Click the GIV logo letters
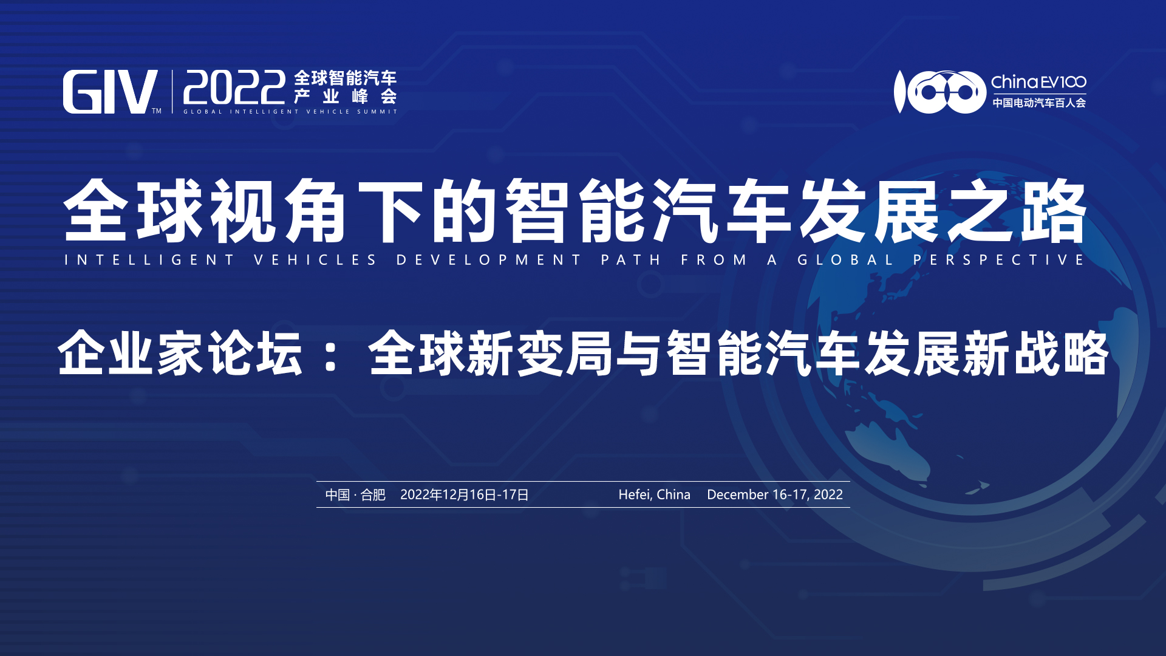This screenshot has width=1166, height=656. (x=110, y=92)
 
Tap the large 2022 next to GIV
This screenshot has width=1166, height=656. (x=234, y=88)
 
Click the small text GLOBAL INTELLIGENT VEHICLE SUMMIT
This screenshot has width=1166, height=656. (x=290, y=112)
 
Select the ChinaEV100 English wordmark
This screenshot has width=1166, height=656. (x=1038, y=82)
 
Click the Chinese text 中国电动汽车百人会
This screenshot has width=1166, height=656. (x=1039, y=103)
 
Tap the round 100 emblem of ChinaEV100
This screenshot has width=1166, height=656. (x=939, y=92)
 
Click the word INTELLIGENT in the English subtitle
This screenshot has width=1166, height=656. (x=149, y=260)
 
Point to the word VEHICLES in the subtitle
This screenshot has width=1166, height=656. (x=315, y=260)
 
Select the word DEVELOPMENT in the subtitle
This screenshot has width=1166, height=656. (x=489, y=260)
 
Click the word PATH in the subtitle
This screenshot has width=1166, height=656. (x=631, y=260)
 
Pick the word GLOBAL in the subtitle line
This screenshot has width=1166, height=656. (x=845, y=260)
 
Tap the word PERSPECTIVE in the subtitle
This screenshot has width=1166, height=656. (x=999, y=260)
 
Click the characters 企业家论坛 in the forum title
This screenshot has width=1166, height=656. (x=180, y=353)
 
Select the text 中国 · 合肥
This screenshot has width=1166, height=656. (x=355, y=495)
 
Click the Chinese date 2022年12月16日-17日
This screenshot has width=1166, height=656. (x=465, y=495)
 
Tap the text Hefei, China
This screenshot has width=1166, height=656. (x=654, y=495)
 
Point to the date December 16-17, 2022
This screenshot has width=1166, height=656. (x=775, y=495)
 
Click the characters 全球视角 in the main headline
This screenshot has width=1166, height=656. (x=205, y=211)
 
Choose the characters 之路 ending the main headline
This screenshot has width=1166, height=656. (x=1017, y=211)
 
